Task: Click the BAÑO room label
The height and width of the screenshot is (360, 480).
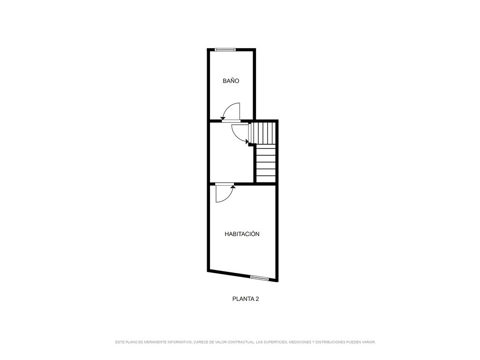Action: (x=231, y=81)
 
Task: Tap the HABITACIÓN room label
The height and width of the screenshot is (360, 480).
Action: (x=242, y=234)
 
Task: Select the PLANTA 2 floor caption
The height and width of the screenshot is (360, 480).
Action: (x=246, y=299)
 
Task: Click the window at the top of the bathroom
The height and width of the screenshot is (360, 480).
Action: (x=225, y=50)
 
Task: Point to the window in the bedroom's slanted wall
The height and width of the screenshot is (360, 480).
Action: (x=259, y=277)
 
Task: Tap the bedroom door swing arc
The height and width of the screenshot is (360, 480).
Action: (x=228, y=197)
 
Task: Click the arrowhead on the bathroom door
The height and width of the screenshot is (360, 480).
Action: (x=223, y=118)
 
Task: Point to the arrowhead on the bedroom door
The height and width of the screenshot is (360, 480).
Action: (x=232, y=186)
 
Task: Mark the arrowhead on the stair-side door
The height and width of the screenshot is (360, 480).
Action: (x=247, y=141)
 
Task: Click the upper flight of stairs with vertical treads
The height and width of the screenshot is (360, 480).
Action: (x=263, y=133)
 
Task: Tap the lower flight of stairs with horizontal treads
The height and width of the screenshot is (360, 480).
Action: (x=266, y=164)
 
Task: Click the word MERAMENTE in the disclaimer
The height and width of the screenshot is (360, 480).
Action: (x=155, y=342)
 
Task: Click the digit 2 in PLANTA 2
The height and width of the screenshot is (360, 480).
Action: (x=257, y=299)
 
